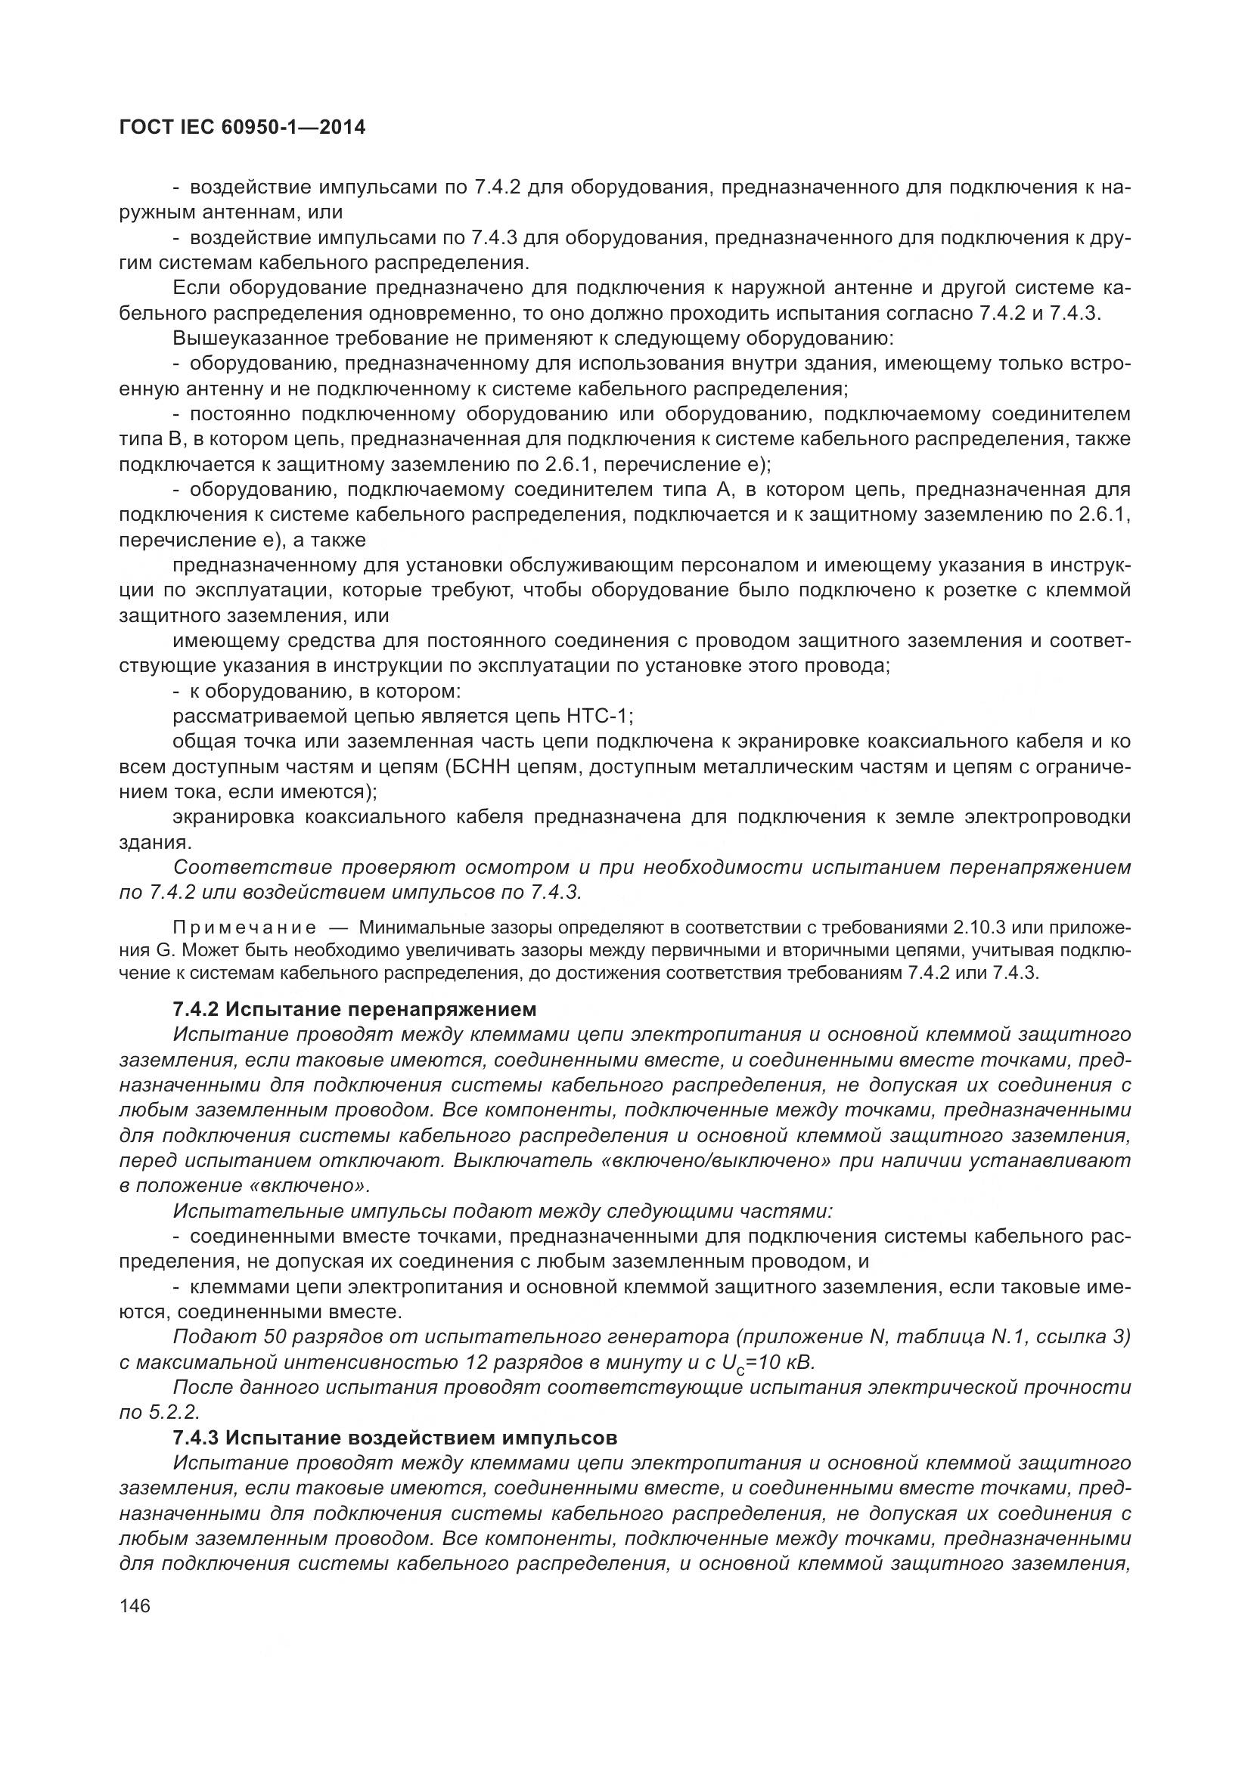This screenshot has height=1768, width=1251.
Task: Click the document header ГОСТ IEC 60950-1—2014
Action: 242,128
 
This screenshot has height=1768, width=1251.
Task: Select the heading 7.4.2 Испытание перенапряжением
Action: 354,1009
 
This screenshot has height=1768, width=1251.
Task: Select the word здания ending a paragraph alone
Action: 154,842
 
